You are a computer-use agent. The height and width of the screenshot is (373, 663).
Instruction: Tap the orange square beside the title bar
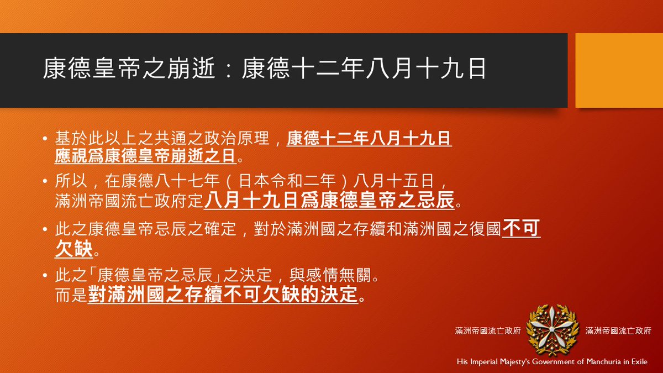pyautogui.click(x=619, y=70)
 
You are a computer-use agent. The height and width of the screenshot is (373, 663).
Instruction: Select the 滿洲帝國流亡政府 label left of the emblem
pyautogui.click(x=488, y=330)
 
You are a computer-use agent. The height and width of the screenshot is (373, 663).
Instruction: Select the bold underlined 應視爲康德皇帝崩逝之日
pyautogui.click(x=145, y=156)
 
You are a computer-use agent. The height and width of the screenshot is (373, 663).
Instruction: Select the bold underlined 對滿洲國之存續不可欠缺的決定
pyautogui.click(x=223, y=293)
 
